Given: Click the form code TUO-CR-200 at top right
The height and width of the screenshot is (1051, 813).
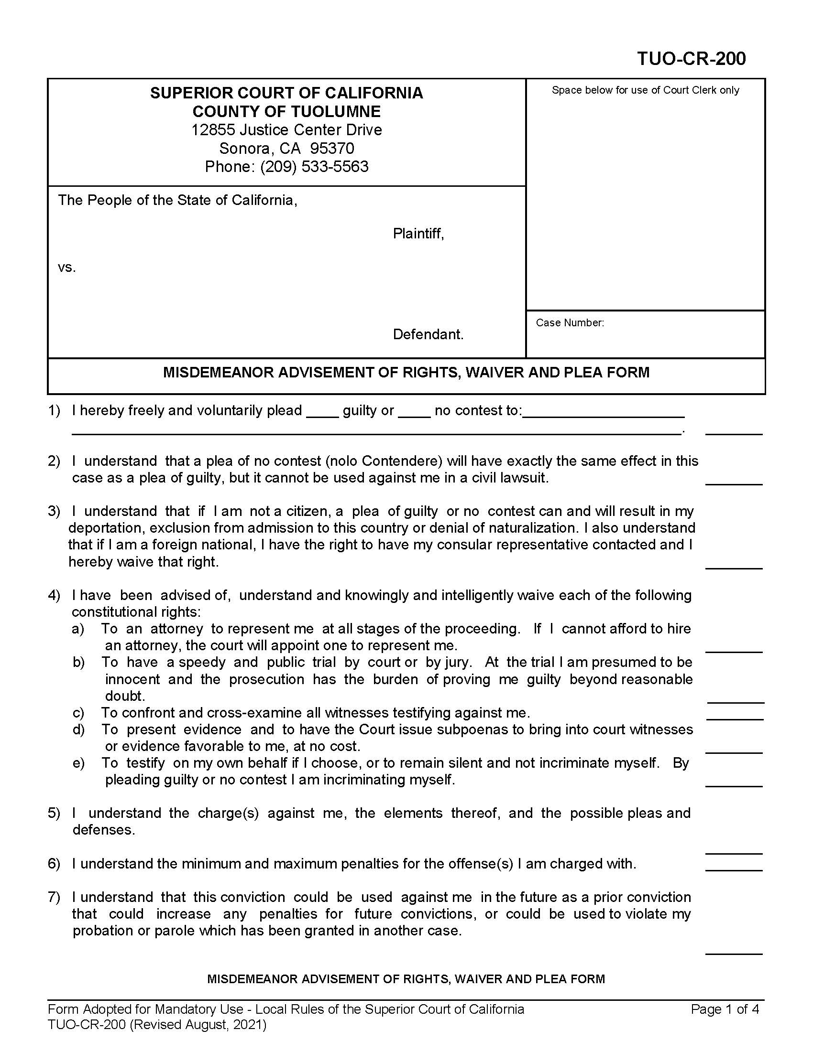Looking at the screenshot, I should (x=691, y=59).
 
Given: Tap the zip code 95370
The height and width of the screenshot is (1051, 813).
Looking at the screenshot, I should (x=332, y=148).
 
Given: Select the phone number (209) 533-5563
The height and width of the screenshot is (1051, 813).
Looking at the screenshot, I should (x=314, y=167).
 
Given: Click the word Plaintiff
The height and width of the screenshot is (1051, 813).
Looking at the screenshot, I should (x=417, y=234).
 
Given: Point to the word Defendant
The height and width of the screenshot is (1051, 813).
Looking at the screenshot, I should (x=428, y=334).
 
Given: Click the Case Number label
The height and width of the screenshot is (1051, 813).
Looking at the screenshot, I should (x=569, y=323).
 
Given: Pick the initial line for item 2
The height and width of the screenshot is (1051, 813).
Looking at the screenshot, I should (x=734, y=483).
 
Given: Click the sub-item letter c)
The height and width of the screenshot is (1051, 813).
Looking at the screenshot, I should (x=78, y=713).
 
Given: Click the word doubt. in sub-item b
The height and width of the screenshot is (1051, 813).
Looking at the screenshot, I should (x=125, y=696).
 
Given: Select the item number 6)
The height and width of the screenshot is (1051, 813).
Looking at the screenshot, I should (x=54, y=864).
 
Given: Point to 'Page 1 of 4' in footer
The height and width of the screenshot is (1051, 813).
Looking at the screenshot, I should (x=725, y=1009).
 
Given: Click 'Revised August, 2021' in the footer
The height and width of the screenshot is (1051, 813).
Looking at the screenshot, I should (x=199, y=1025).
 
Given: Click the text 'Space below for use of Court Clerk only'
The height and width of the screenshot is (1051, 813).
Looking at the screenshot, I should (x=645, y=90).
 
